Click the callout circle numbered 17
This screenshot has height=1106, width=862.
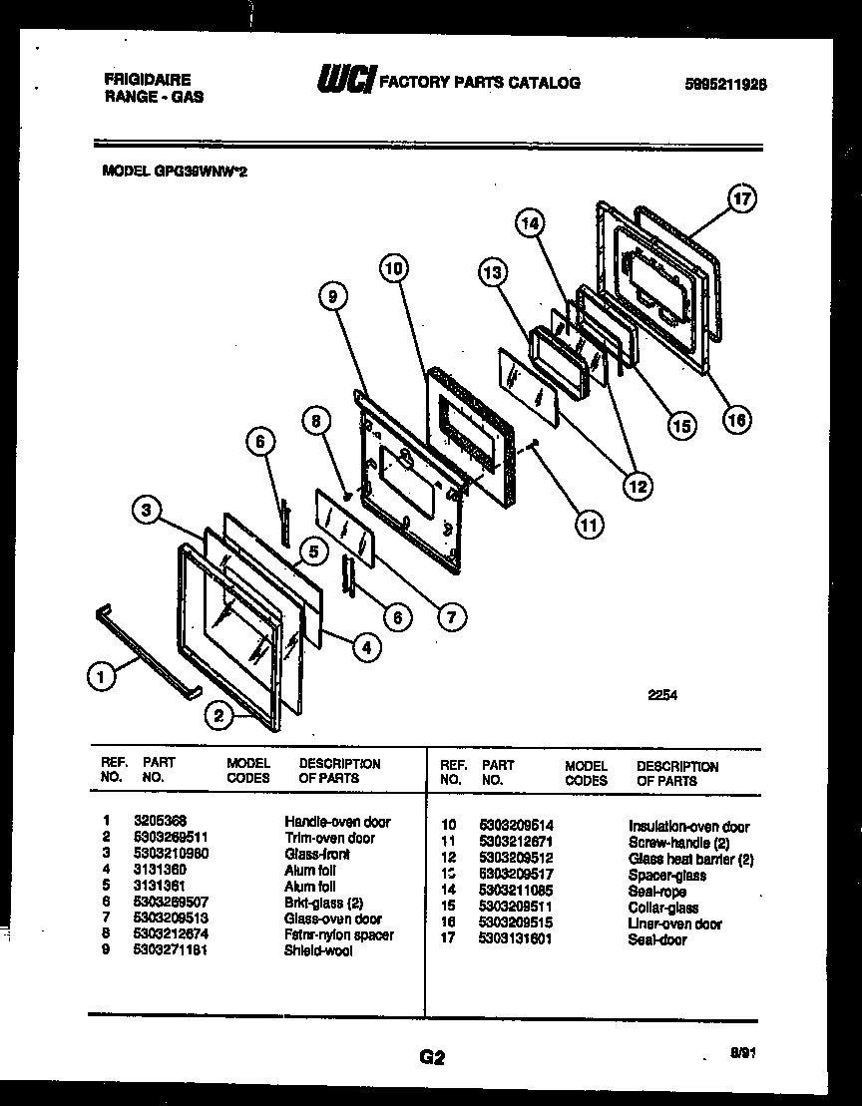pos(739,198)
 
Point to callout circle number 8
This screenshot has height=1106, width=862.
pos(317,421)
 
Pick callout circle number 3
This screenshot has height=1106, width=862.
pos(147,512)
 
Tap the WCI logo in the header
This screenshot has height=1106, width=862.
pos(343,80)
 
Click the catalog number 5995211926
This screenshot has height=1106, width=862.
pos(725,85)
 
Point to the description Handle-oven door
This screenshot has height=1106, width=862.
pos(337,822)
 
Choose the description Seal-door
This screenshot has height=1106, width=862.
pos(657,939)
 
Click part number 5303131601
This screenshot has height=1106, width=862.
pos(516,939)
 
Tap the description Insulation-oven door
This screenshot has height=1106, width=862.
pos(688,826)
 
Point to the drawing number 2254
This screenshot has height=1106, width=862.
pos(661,696)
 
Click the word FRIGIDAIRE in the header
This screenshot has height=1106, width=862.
pos(147,79)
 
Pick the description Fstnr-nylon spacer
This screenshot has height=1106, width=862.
pos(338,934)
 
